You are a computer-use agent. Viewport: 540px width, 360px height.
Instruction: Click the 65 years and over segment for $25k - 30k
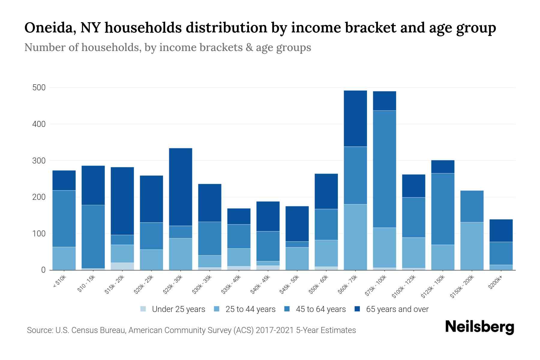[181, 187]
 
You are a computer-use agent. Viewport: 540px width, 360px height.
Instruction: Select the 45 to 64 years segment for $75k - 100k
[384, 169]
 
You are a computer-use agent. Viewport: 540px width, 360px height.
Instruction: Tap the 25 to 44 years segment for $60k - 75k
[355, 237]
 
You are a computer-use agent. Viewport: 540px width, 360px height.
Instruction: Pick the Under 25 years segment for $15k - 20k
[122, 266]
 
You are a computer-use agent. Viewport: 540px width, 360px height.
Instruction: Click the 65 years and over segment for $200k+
[501, 230]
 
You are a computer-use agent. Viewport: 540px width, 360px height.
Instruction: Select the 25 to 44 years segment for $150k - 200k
[472, 246]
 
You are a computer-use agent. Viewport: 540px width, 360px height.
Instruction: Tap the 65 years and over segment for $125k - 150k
[443, 167]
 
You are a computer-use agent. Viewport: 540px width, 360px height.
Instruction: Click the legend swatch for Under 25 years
[143, 309]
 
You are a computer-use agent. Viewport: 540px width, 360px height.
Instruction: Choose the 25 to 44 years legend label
[250, 309]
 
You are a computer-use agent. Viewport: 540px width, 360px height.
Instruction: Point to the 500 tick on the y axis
[39, 88]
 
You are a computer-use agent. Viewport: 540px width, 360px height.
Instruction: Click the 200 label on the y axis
[39, 197]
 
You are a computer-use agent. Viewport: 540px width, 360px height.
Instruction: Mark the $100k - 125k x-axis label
[404, 286]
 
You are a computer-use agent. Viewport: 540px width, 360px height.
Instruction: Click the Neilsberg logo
[480, 327]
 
